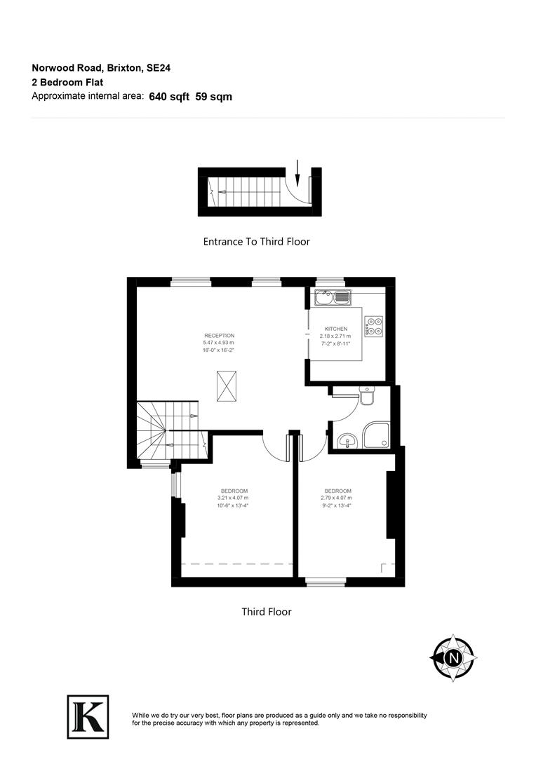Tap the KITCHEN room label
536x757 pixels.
click(336, 329)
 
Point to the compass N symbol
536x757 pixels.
click(453, 658)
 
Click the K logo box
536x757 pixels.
click(88, 716)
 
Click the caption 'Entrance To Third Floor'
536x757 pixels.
click(256, 242)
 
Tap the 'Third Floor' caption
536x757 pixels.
click(267, 612)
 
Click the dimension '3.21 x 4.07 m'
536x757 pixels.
click(234, 498)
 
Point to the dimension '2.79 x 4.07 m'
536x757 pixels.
click(337, 498)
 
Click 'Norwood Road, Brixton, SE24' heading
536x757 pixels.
click(102, 68)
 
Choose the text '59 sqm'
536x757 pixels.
click(214, 97)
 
